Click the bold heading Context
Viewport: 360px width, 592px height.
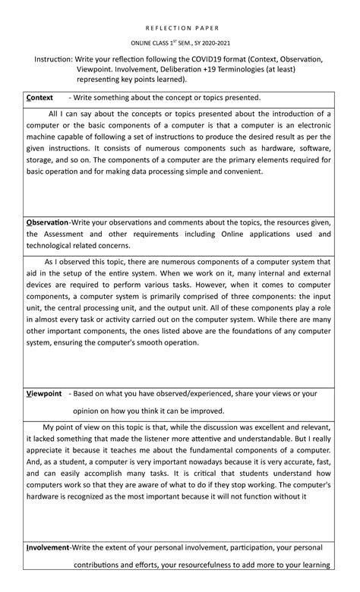pos(39,98)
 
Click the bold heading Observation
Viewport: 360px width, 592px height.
pos(47,222)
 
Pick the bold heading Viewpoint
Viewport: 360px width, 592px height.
pos(43,394)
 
